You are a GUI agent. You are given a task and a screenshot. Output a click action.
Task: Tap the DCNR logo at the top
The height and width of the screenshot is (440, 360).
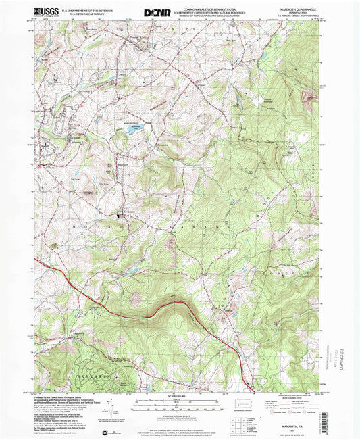[x=156, y=12]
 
